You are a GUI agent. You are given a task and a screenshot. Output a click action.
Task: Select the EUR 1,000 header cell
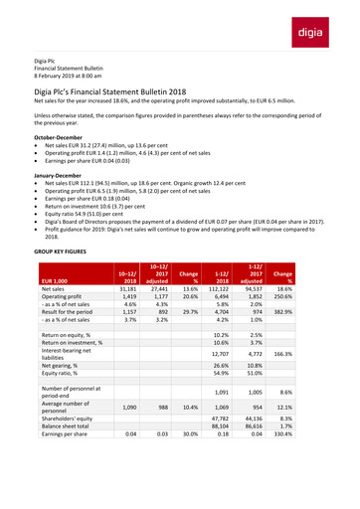[x=53, y=282]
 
